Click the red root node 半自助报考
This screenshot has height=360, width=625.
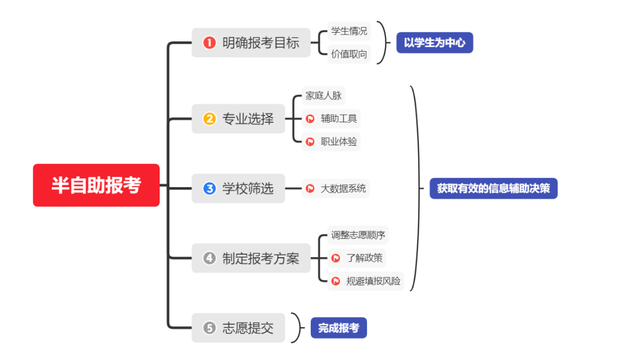(x=96, y=185)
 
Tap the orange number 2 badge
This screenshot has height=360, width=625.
(x=210, y=119)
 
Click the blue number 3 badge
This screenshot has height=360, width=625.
(x=210, y=188)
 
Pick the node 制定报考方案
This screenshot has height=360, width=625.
(x=253, y=258)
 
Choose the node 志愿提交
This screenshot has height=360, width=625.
(x=238, y=328)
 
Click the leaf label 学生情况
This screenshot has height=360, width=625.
(x=349, y=31)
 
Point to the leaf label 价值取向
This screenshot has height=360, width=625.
(x=349, y=55)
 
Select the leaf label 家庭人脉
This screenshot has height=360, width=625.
(x=323, y=95)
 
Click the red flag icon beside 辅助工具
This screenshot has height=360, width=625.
(x=310, y=119)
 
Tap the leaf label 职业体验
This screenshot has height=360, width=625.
(x=338, y=141)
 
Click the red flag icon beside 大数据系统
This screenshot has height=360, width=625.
(x=310, y=188)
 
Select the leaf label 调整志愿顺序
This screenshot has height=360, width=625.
(x=358, y=235)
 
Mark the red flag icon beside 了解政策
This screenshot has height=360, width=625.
(x=335, y=258)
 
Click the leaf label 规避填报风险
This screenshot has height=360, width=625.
(x=373, y=281)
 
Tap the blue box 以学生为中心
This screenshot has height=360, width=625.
(x=434, y=42)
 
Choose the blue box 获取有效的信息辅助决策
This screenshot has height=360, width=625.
(x=493, y=188)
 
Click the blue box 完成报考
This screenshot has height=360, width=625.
(x=338, y=328)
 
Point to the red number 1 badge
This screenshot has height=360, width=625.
(x=210, y=43)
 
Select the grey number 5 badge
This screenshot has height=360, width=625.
(x=210, y=328)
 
